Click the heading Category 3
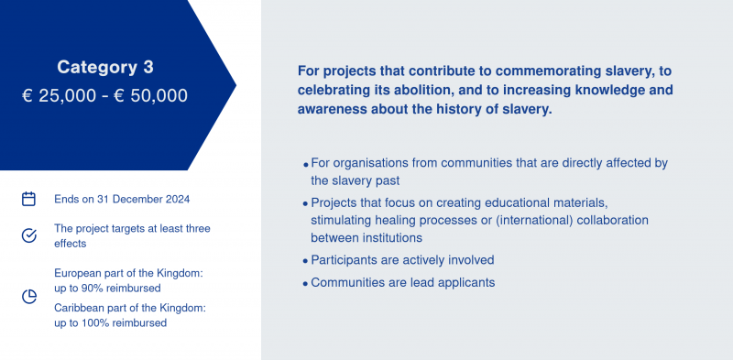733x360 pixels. point(105,67)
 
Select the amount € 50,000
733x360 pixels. point(150,96)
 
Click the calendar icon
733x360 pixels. point(29,199)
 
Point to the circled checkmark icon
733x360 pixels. point(29,235)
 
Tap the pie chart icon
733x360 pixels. point(29,297)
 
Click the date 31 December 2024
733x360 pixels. point(144,199)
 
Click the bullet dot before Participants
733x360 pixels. point(305,261)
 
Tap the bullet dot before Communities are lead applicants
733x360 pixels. point(305,284)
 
